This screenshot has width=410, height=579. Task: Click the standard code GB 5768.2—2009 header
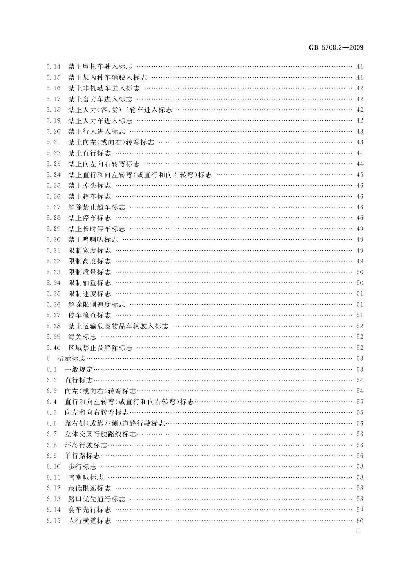pos(335,48)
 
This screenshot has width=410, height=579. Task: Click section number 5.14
pos(53,67)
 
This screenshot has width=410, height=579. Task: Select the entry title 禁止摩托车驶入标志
pos(100,67)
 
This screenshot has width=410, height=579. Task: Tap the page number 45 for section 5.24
pos(360,175)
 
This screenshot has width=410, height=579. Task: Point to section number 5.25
pos(53,186)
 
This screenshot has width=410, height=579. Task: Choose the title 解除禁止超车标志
pos(97,207)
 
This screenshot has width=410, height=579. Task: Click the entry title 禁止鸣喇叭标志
pos(93,240)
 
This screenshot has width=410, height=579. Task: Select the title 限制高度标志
pos(90,261)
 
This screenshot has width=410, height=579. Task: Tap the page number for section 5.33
pos(360,272)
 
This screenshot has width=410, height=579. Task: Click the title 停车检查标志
pos(90,315)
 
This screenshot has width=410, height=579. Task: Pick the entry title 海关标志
pos(82,337)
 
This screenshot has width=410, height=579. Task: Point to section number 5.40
pos(53,348)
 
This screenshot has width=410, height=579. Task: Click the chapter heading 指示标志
pos(71,359)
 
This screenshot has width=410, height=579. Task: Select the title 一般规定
pos(79,370)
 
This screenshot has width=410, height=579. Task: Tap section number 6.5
pos(52,413)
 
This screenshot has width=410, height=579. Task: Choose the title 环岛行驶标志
pos(86,445)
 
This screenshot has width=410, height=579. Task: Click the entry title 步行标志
pos(82,467)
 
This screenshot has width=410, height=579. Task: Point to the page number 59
pos(360,510)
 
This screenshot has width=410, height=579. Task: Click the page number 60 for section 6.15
pos(360,521)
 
